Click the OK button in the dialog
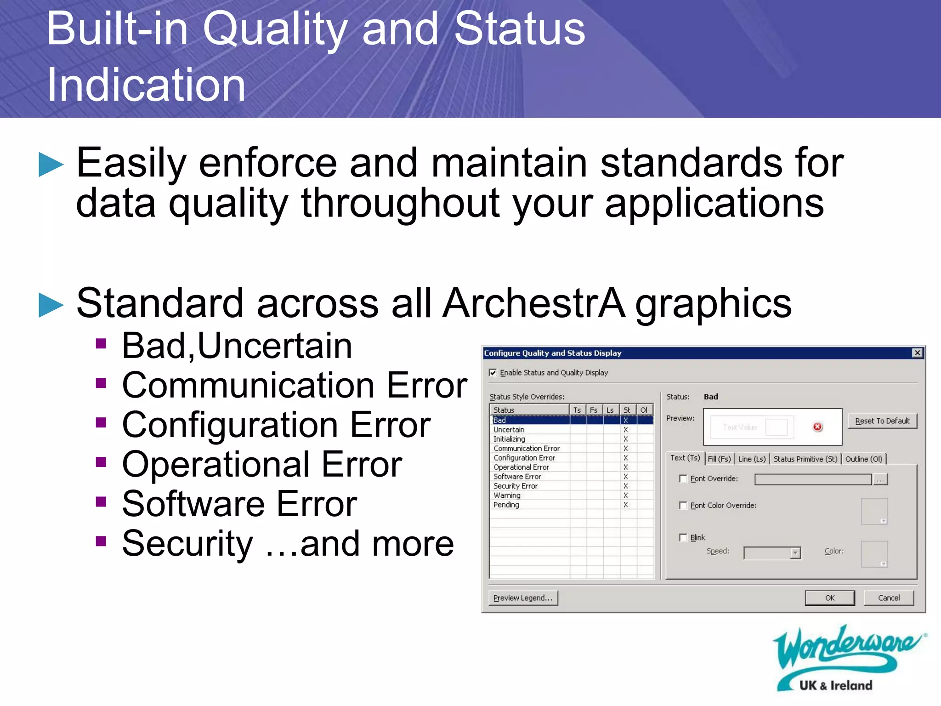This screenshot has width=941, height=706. [829, 598]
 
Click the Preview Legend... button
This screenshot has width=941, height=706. [523, 598]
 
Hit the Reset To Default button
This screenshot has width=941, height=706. [882, 421]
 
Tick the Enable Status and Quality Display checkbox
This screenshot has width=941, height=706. [493, 372]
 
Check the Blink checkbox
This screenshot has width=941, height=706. [683, 537]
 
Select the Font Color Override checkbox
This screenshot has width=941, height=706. [683, 505]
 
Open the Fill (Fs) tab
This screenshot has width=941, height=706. [719, 459]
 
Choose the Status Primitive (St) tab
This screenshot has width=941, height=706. [805, 459]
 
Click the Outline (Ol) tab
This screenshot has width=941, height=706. [863, 459]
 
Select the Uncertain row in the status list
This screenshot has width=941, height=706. [509, 429]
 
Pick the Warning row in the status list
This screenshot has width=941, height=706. [507, 495]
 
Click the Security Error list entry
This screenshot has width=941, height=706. [515, 486]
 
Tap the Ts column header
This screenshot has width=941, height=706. [577, 410]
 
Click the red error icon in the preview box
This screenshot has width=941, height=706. [817, 427]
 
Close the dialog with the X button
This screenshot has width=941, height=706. [917, 353]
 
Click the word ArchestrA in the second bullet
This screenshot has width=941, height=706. [534, 303]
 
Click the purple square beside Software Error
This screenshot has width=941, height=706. [101, 501]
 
